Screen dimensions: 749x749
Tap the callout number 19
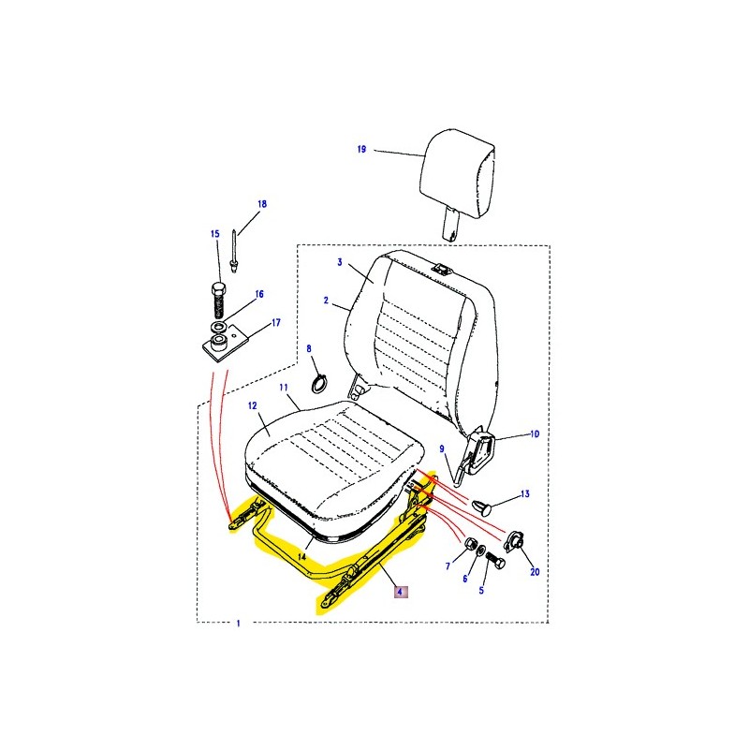click(x=361, y=150)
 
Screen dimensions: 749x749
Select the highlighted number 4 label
click(x=401, y=593)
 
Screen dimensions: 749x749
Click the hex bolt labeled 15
click(x=218, y=300)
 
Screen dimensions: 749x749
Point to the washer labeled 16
click(x=219, y=328)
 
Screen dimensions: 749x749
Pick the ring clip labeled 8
click(x=318, y=384)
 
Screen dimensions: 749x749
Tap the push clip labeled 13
click(x=482, y=507)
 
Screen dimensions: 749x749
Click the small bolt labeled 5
click(x=495, y=559)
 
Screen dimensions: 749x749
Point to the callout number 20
click(x=535, y=571)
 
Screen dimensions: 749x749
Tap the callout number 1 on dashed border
click(x=239, y=624)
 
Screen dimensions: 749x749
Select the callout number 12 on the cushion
click(x=253, y=405)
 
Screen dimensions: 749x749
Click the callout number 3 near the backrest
click(x=340, y=262)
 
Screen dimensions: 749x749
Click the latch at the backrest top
click(x=442, y=270)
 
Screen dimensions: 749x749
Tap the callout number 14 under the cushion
click(x=301, y=556)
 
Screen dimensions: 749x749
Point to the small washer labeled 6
click(x=480, y=550)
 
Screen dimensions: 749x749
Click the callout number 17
click(x=276, y=323)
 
